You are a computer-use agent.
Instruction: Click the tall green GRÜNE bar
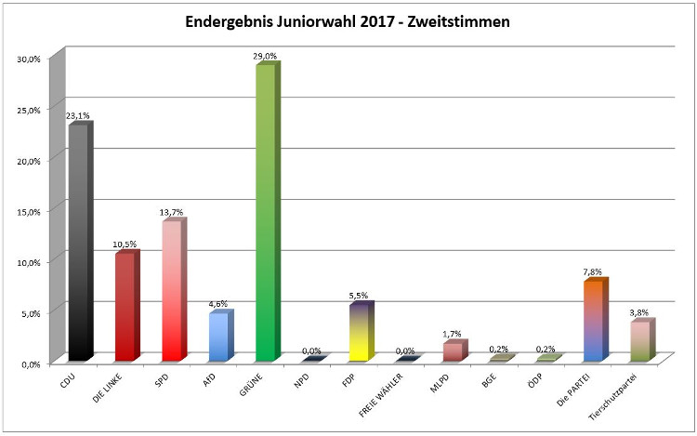(265, 214)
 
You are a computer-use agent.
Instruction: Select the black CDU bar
(78, 242)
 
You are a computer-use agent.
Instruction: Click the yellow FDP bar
(358, 333)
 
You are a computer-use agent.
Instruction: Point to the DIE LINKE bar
(125, 307)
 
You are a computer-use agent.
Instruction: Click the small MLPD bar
(452, 351)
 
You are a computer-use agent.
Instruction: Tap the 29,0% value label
(265, 57)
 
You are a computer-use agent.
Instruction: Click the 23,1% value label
(77, 115)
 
